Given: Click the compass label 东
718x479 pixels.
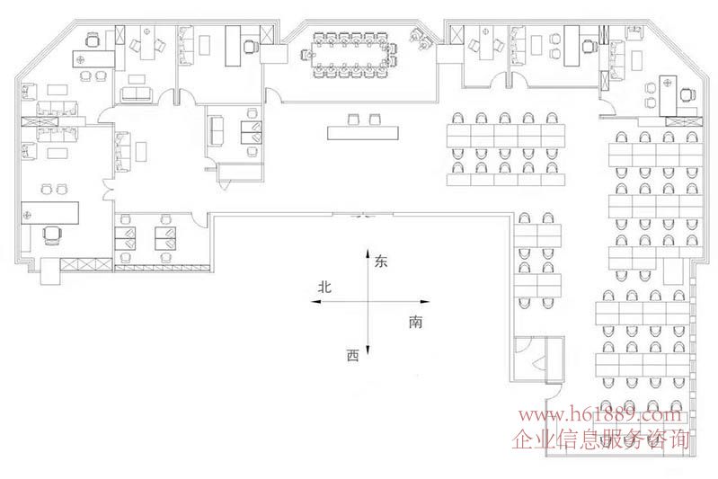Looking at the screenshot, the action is (381, 262).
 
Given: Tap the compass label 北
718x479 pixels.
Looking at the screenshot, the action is (324, 287).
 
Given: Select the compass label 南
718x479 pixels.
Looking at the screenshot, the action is (415, 323).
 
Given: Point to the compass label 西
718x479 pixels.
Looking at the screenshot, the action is (352, 355).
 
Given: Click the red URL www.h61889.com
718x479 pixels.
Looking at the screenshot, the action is (600, 415).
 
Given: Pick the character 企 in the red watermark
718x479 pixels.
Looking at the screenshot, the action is (522, 440).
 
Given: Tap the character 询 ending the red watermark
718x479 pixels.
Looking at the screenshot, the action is (679, 440).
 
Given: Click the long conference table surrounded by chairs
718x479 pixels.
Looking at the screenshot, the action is (350, 54).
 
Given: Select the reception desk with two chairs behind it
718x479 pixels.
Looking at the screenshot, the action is (363, 133).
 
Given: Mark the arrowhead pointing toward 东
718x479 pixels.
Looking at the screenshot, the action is (368, 253).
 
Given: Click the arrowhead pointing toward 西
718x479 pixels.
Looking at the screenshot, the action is (368, 351).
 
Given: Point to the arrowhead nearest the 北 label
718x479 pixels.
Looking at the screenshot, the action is (315, 302).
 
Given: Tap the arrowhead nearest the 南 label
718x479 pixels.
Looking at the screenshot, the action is (425, 302).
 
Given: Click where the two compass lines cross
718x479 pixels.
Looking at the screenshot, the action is (368, 302).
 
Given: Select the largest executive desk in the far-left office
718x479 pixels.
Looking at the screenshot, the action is (50, 213).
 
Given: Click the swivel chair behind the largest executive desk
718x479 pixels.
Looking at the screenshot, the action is (52, 234).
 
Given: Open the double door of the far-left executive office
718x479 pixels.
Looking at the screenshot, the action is (108, 189).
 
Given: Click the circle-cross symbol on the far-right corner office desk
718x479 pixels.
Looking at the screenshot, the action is (667, 84).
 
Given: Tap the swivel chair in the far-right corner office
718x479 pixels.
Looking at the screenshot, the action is (687, 95).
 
